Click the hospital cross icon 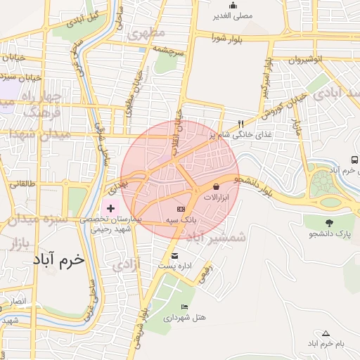point(110,208)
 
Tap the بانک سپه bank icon point(181,210)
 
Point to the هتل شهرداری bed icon point(184,307)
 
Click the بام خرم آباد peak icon point(325,333)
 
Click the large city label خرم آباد point(58,259)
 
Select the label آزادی point(127,264)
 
